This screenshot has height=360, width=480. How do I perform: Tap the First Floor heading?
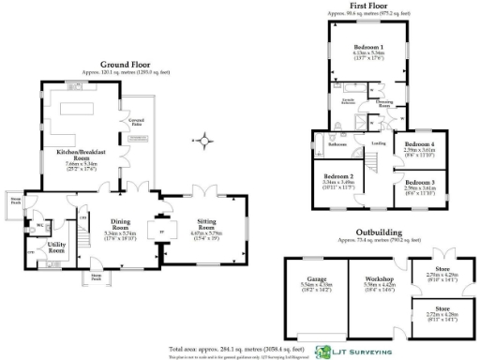point(370,7)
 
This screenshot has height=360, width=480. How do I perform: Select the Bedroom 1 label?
point(368,46)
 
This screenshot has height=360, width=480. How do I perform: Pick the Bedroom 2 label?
point(338,176)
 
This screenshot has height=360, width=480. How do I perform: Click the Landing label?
point(379,143)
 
